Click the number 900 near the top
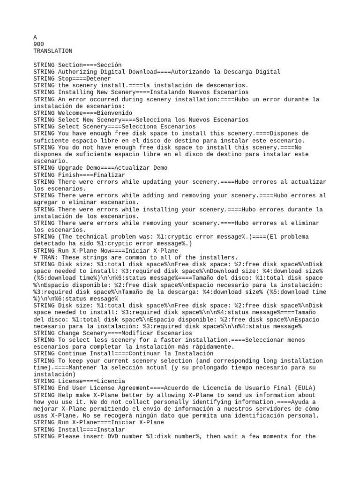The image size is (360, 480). click(39, 44)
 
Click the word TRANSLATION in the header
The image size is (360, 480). click(53, 51)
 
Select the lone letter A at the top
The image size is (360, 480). click(35, 37)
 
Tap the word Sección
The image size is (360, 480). click(109, 65)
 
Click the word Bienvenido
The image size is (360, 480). click(114, 113)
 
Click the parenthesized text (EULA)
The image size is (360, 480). click(305, 388)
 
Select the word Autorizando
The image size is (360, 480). click(190, 72)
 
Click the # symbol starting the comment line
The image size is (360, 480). click(35, 257)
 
